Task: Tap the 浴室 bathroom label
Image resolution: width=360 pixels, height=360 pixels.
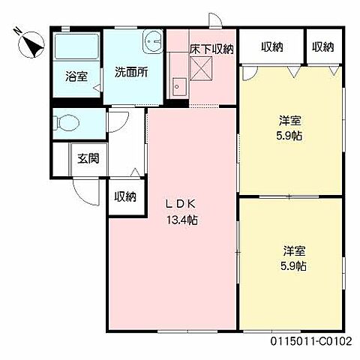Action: click(x=76, y=76)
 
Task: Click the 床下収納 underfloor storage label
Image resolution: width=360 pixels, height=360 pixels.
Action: click(x=211, y=49)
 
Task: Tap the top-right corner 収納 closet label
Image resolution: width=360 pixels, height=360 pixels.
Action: click(x=322, y=46)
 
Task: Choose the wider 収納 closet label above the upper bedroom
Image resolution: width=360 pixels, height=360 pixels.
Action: click(x=272, y=46)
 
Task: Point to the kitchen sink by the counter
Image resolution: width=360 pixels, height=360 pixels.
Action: click(x=178, y=85)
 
